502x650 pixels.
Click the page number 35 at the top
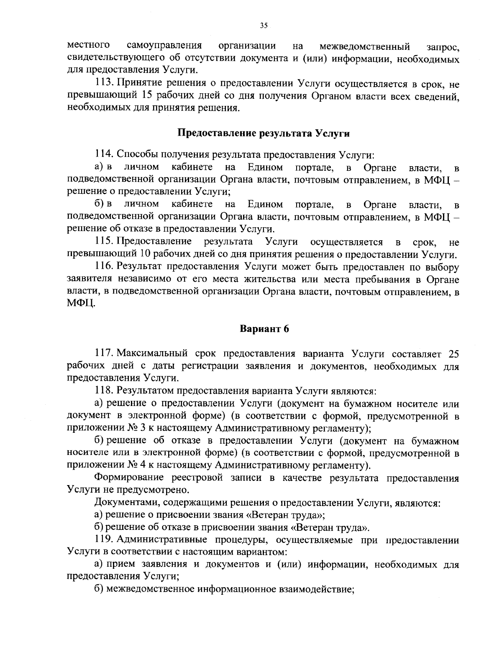[264, 26]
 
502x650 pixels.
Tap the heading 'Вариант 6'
[264, 329]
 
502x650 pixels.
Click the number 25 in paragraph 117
[453, 355]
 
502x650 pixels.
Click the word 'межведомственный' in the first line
[364, 46]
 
